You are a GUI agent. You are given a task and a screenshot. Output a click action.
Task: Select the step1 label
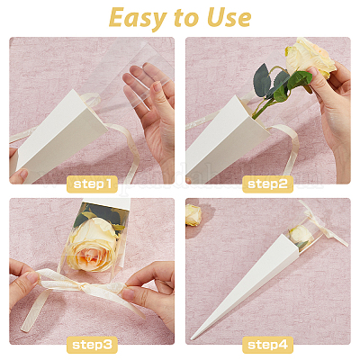point(92,184)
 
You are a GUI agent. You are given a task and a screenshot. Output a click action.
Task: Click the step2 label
point(267,184)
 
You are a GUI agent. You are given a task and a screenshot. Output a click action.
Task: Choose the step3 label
point(92,345)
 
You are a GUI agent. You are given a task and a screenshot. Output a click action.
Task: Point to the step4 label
point(267,345)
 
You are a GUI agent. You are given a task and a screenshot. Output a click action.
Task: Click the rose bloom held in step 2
point(309,58)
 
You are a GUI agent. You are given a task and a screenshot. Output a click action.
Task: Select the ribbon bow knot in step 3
point(83,287)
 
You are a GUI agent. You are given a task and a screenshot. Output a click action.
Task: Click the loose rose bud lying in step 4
point(193,215)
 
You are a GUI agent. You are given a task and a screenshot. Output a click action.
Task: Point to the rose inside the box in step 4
point(301,235)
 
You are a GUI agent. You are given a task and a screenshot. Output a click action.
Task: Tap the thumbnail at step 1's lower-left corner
point(22,174)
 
